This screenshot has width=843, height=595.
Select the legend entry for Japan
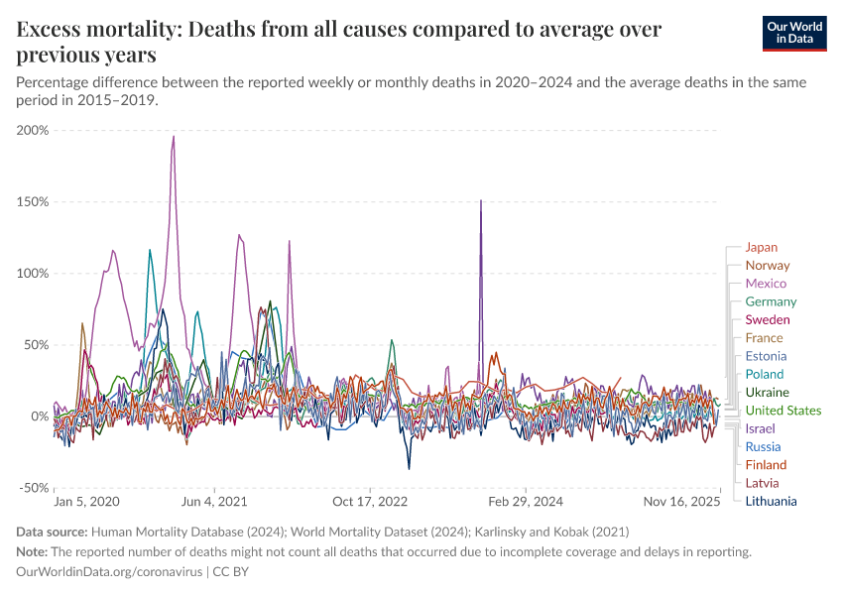(x=761, y=247)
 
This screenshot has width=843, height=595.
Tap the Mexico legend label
(x=766, y=284)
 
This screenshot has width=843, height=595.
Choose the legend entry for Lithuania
(x=771, y=501)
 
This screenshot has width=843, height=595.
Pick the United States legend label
(x=783, y=411)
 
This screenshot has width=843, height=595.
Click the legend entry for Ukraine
(x=767, y=392)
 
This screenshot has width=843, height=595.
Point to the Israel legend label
(x=760, y=428)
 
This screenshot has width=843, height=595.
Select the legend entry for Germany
(x=771, y=301)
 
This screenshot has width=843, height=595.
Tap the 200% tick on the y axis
(x=33, y=130)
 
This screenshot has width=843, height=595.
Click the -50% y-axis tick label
(x=33, y=488)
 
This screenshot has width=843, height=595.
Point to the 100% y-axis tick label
(x=33, y=274)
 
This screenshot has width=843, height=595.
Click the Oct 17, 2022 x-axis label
(x=369, y=503)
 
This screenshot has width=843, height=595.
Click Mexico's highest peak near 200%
(x=174, y=138)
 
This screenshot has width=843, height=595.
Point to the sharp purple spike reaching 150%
(x=481, y=201)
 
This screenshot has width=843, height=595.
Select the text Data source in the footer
(x=53, y=532)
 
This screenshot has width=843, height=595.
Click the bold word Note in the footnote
(x=34, y=551)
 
